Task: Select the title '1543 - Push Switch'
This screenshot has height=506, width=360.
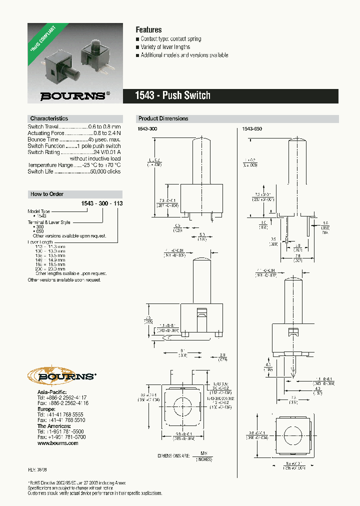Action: [173, 95]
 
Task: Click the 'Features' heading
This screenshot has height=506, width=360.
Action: [148, 30]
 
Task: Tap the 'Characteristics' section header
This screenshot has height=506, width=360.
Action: [49, 118]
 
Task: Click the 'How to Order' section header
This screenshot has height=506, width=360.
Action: [47, 194]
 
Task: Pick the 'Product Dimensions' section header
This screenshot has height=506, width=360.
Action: [163, 118]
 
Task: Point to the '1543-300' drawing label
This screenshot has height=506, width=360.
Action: [147, 129]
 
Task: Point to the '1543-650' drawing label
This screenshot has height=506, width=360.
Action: [252, 129]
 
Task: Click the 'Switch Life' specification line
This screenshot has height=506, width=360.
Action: [74, 171]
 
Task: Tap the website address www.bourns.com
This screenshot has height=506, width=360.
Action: [57, 443]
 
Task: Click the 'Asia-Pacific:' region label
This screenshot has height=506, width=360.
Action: [52, 391]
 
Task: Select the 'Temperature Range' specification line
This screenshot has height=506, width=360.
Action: [74, 165]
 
